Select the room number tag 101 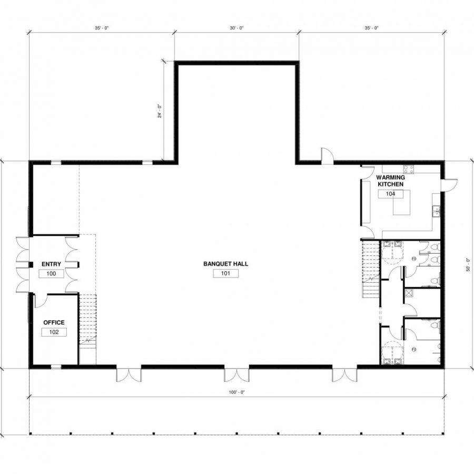(225, 273)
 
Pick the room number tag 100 (52, 274)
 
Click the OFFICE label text (54, 322)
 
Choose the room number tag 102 (54, 332)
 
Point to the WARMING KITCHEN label (390, 181)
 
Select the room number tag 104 (390, 194)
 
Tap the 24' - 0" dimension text (159, 111)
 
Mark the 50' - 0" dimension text (468, 263)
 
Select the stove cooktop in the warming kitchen (409, 169)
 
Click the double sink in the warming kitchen (436, 210)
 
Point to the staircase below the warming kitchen (369, 269)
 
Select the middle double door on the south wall (236, 374)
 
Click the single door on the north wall (327, 155)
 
